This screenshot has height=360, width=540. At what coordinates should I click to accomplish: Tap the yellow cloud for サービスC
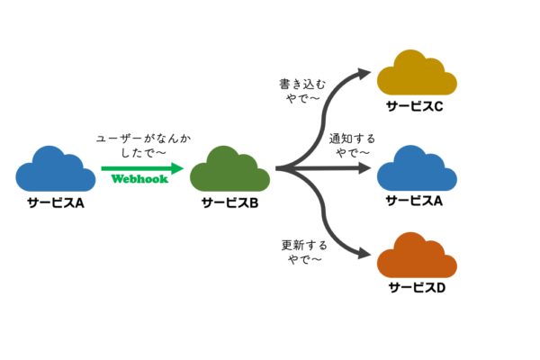(415, 74)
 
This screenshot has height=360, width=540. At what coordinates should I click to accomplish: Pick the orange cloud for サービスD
(415, 256)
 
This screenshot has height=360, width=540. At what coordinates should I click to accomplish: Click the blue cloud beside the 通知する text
(415, 166)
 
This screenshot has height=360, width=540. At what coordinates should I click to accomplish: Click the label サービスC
(415, 107)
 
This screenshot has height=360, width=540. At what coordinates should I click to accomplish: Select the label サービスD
(415, 289)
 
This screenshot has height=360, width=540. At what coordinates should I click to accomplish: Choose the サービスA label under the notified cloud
(415, 201)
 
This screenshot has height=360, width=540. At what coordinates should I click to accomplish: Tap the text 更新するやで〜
(301, 251)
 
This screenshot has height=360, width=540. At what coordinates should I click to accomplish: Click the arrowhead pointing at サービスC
(364, 75)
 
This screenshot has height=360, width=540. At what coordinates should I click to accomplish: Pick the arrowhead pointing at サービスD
(364, 256)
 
